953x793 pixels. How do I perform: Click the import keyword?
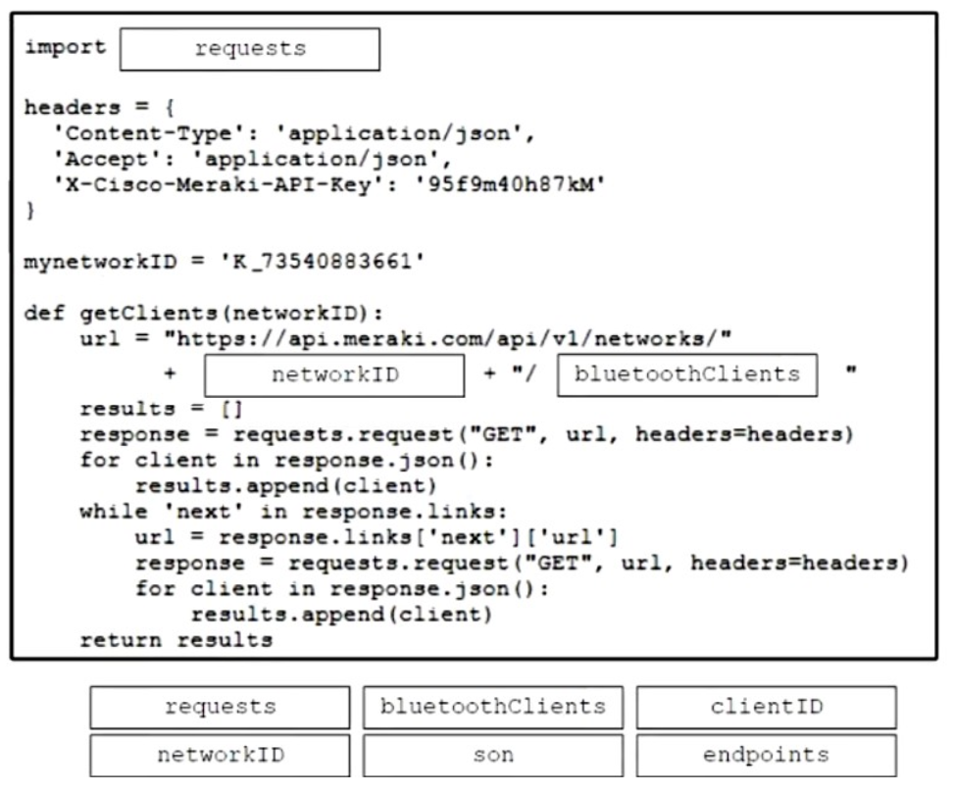coord(65,47)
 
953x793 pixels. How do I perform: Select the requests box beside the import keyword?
coord(250,49)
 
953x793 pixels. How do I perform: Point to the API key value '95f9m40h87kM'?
coord(510,184)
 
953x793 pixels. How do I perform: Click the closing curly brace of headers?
coord(30,210)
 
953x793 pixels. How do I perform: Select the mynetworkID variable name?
coord(100,262)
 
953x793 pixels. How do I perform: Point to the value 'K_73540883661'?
coord(323,262)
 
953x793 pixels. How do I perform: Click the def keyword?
coord(44,313)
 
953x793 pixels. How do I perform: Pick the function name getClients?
coord(148,313)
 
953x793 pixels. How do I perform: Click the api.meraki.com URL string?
coord(448,338)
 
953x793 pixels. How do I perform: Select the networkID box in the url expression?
coord(335,375)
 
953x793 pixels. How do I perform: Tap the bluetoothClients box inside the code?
coord(687,374)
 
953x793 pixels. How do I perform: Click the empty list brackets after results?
coord(231,409)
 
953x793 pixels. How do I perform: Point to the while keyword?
coord(114,512)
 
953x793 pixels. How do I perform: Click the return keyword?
coord(121,640)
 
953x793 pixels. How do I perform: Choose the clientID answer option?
coord(767,708)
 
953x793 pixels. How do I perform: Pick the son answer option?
coord(493,756)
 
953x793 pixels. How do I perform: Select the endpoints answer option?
coord(767,756)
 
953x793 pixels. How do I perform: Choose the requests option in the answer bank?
coord(220,708)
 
